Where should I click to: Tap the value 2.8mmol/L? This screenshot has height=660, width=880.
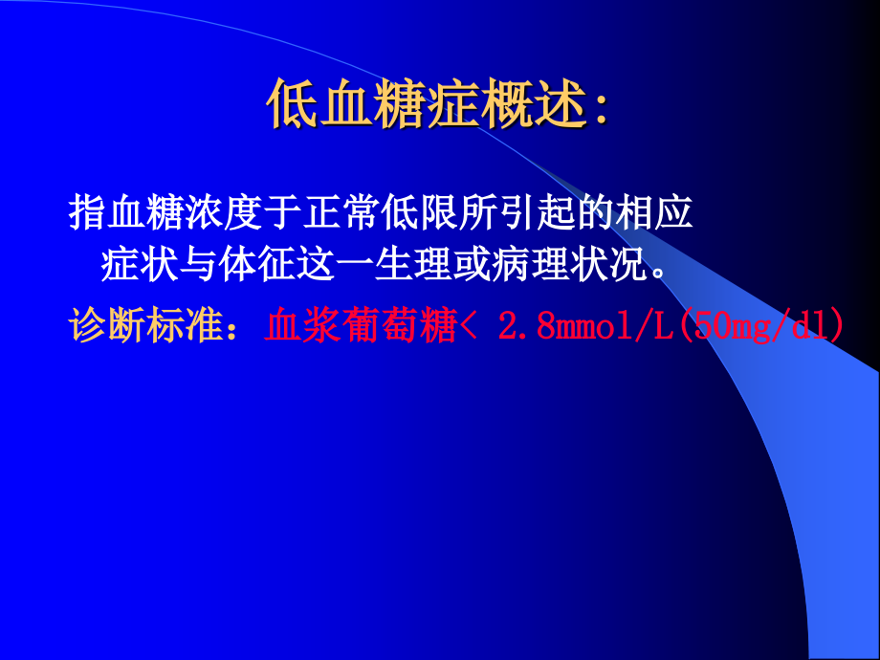[587, 325]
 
